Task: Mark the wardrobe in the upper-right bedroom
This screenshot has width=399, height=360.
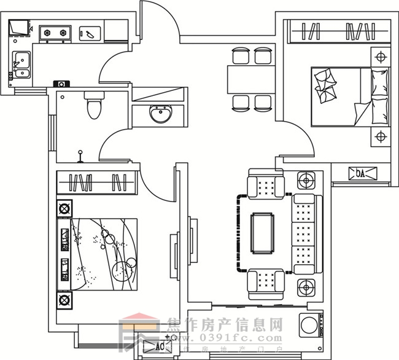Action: [339, 31]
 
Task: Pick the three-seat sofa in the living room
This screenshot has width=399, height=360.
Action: [303, 233]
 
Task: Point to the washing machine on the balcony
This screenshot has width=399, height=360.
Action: [309, 325]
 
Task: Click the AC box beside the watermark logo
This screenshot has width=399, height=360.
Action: [157, 347]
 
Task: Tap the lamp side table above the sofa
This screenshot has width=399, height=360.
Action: [305, 181]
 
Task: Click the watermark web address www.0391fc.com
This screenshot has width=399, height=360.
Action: [224, 338]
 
